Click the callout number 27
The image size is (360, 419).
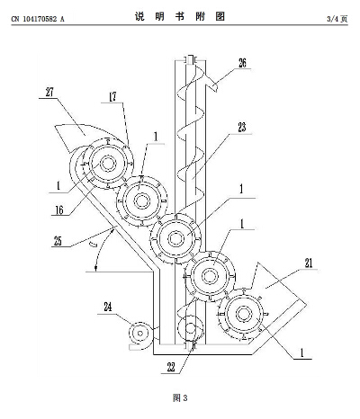(49, 92)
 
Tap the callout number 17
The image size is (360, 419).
(112, 97)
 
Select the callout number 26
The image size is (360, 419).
(242, 63)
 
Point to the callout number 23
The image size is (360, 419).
(241, 127)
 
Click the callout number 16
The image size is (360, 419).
(59, 210)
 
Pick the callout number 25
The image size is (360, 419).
(58, 241)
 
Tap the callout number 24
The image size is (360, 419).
(108, 307)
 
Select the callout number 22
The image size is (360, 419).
(171, 368)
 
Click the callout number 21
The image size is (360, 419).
(309, 263)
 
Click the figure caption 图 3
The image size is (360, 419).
(180, 398)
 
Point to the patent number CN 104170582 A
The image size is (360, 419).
(38, 19)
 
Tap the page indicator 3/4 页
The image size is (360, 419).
(337, 19)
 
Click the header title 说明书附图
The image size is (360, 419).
(180, 16)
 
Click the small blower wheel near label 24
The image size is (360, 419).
(140, 333)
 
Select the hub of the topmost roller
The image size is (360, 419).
(108, 164)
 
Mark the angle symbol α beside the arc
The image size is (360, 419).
(94, 245)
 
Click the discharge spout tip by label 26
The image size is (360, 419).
(215, 87)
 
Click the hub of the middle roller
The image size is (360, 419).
(175, 238)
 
